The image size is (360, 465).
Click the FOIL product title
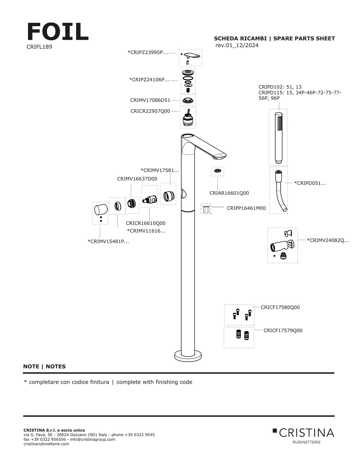click(58, 32)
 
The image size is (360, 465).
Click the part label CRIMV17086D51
click(150, 100)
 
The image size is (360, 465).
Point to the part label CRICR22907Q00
click(150, 111)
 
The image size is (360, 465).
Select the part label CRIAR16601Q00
click(229, 193)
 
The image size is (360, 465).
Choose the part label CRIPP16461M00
click(246, 208)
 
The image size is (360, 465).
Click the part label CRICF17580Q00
click(280, 307)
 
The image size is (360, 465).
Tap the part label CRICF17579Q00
click(283, 330)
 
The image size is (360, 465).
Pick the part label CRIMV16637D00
click(137, 179)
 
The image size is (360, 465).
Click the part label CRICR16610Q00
click(146, 223)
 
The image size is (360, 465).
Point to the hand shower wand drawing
click(278, 137)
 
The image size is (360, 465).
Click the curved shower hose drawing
click(280, 191)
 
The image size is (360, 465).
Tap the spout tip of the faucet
click(220, 156)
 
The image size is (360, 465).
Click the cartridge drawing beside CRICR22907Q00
click(188, 118)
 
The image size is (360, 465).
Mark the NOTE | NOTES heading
click(45, 367)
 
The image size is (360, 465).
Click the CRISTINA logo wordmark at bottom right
click(306, 433)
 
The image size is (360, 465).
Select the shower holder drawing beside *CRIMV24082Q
click(282, 245)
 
